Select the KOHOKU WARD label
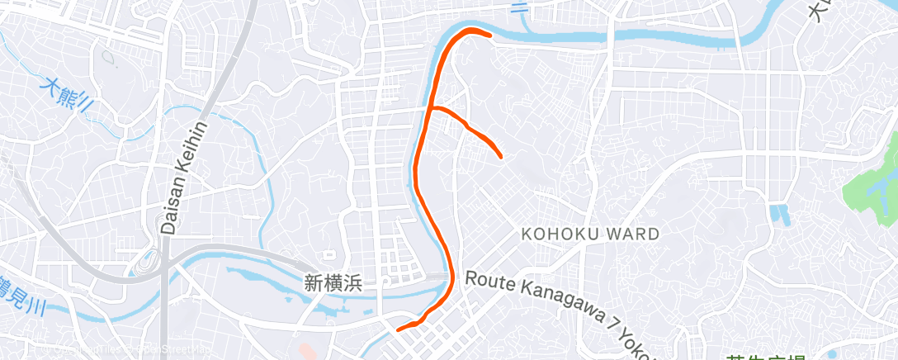tap(590, 234)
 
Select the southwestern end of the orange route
tap(399, 329)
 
